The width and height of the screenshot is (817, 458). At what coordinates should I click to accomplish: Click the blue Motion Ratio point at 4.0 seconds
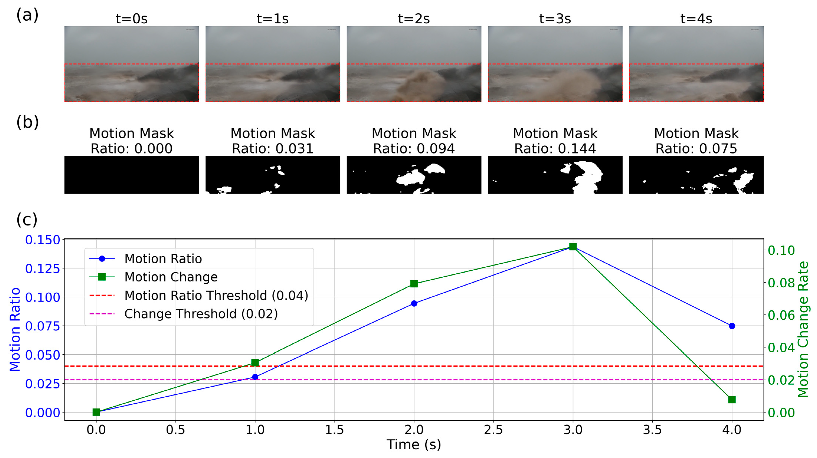pyautogui.click(x=732, y=326)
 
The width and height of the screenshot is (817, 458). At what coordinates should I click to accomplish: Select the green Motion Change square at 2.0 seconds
pyautogui.click(x=414, y=284)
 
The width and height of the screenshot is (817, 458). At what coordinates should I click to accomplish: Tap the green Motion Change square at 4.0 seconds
pyautogui.click(x=732, y=399)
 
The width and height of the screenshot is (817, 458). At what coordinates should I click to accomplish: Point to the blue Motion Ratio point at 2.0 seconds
pyautogui.click(x=414, y=303)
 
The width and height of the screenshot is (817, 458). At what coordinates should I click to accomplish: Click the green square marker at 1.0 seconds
pyautogui.click(x=255, y=363)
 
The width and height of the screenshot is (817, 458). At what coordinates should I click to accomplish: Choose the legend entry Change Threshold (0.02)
pyautogui.click(x=201, y=314)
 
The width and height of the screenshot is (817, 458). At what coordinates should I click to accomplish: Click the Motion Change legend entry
pyautogui.click(x=171, y=277)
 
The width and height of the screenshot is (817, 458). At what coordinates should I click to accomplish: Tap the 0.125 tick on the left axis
pyautogui.click(x=42, y=268)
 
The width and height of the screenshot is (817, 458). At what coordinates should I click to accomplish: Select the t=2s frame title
pyautogui.click(x=414, y=19)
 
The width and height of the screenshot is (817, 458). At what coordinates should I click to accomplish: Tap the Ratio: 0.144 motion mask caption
pyautogui.click(x=555, y=148)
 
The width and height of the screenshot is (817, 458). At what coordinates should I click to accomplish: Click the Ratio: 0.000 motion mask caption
pyautogui.click(x=132, y=148)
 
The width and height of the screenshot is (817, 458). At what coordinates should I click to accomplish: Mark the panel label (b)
pyautogui.click(x=27, y=122)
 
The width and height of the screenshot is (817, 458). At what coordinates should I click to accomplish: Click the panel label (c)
pyautogui.click(x=27, y=219)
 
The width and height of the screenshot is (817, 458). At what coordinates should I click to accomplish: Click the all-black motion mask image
pyautogui.click(x=132, y=175)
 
